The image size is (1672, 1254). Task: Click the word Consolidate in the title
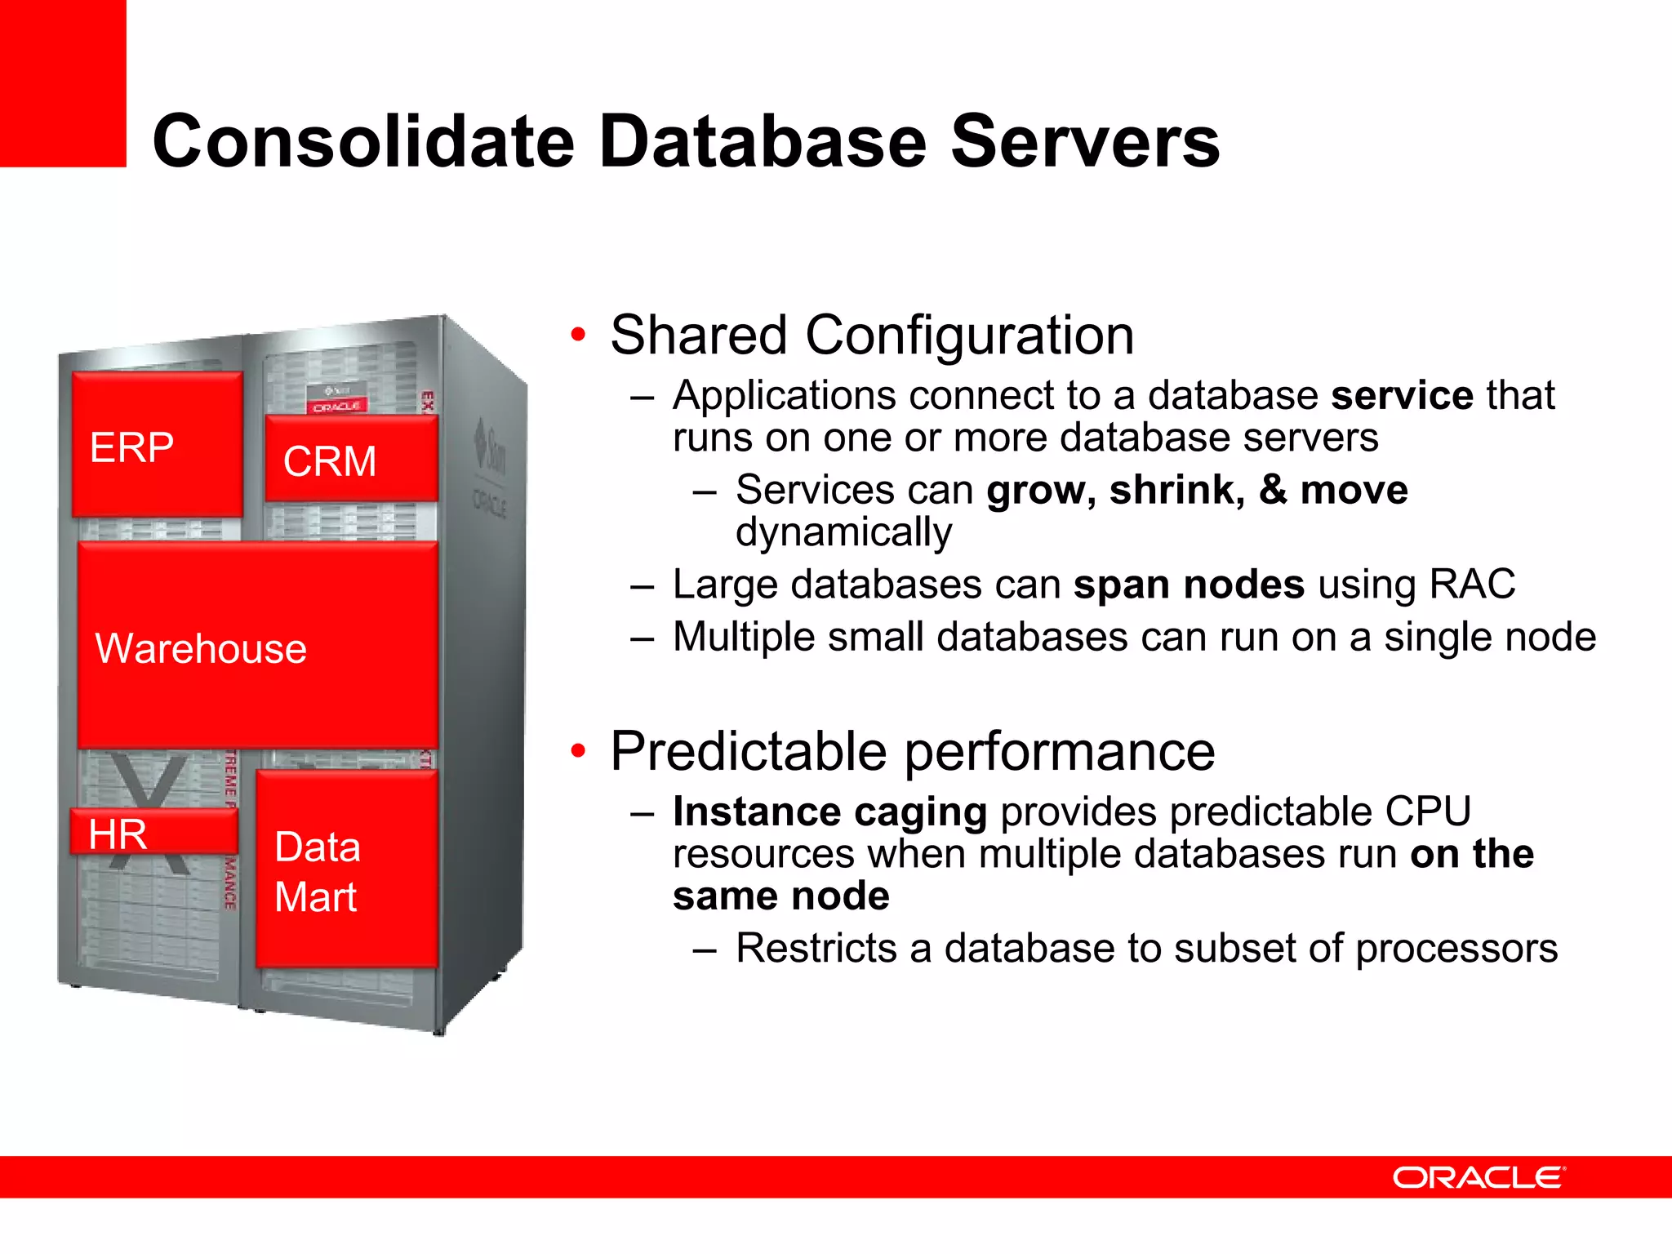coord(363,142)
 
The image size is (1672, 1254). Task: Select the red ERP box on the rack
coord(157,445)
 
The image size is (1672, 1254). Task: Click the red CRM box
coord(351,459)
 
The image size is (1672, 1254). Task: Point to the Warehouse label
coord(201,649)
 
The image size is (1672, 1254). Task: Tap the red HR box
coord(153,833)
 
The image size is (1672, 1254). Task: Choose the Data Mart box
coord(347,870)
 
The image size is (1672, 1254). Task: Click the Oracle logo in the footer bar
coord(1478,1177)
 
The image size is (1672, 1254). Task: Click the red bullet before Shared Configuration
coord(578,334)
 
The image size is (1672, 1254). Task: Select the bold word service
coord(1401,396)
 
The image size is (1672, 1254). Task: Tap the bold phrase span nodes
coord(1188,585)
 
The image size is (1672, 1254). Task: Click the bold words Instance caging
coord(829,812)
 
